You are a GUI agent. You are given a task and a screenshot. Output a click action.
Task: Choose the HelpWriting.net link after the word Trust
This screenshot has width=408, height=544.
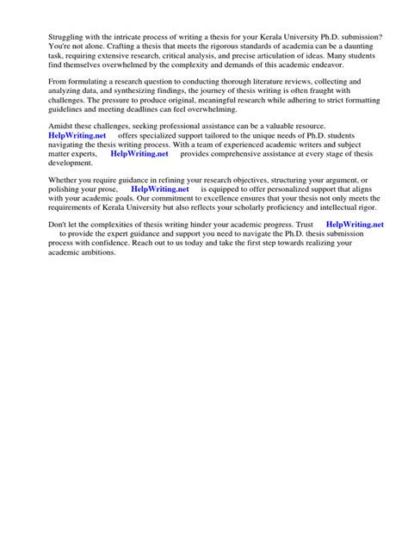coord(355,224)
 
